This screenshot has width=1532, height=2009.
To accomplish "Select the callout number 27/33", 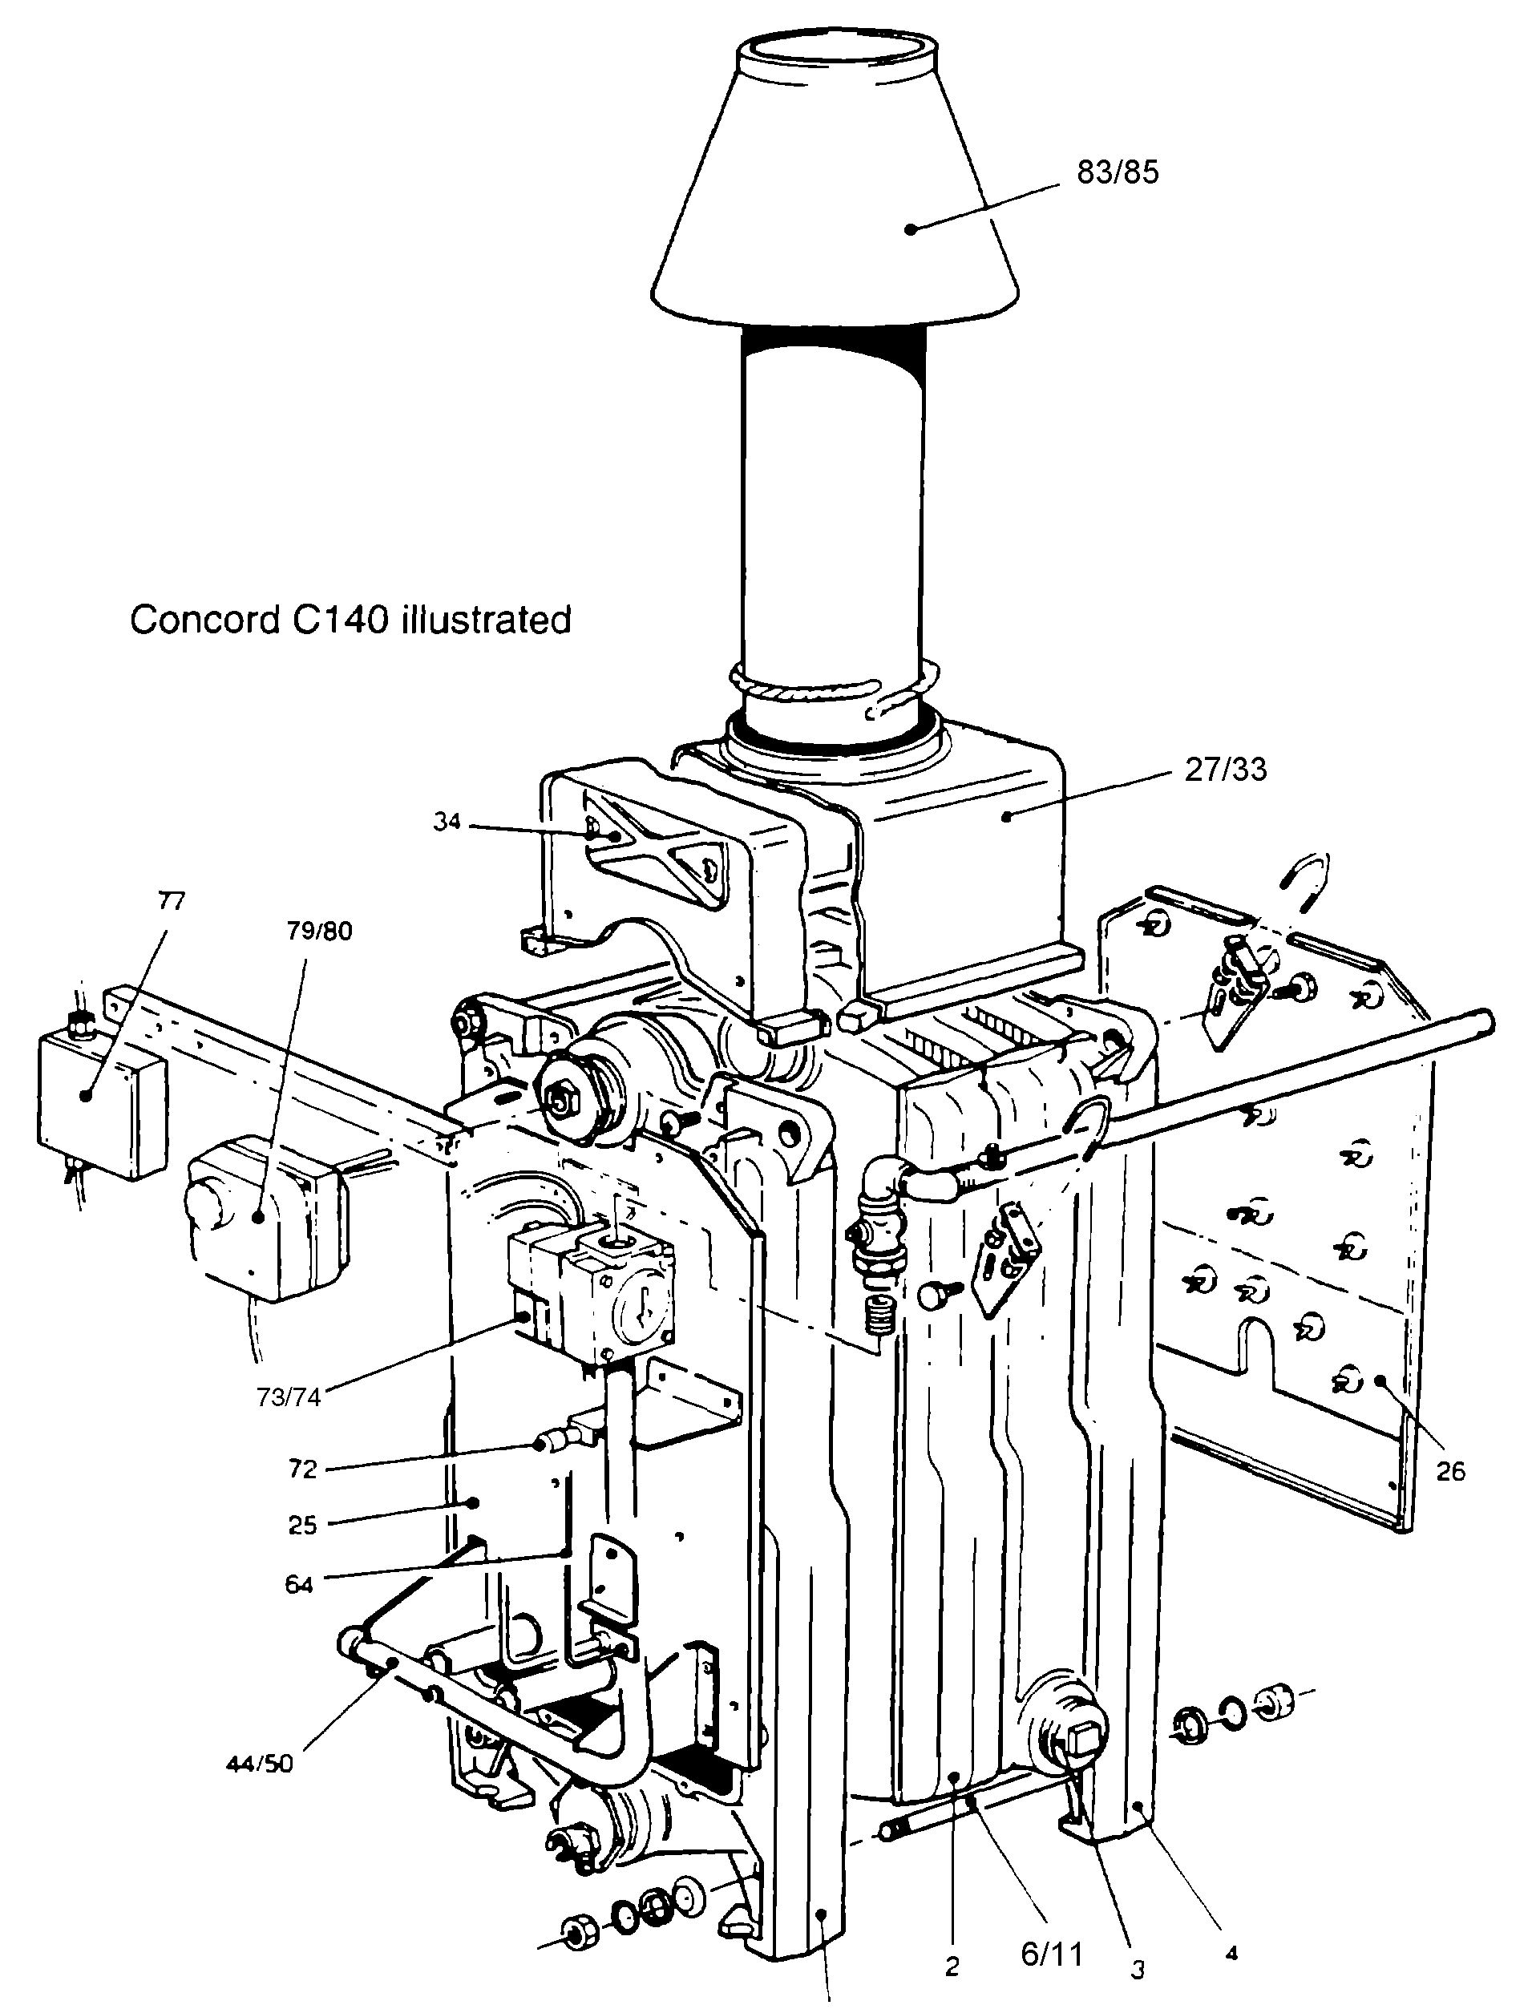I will coord(1226,770).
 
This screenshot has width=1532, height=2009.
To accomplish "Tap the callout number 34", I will coord(447,822).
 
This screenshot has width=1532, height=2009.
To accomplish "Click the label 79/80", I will coord(318,932).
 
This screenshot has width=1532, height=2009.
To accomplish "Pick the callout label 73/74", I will coord(289,1397).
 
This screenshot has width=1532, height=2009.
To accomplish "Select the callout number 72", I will coord(302,1469).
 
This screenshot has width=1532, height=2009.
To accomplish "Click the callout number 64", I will coord(298,1585).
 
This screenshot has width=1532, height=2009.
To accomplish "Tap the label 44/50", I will coord(260,1764).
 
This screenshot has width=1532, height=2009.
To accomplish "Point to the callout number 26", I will coord(1450,1471).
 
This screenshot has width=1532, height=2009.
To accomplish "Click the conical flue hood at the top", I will coord(835,210).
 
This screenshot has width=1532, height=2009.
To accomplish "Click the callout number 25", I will coord(302,1526).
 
